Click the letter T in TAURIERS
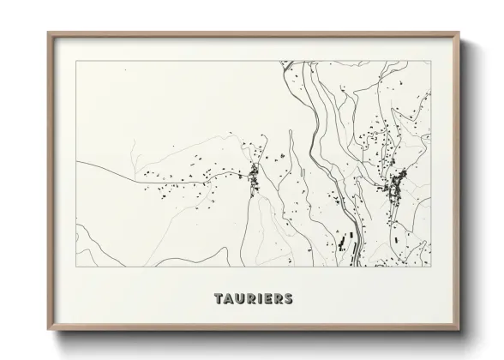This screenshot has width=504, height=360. click(217, 299)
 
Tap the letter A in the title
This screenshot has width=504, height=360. click(227, 299)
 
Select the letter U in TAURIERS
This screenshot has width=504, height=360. click(238, 299)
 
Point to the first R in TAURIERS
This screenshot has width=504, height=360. click(249, 299)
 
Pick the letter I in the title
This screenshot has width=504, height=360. click(258, 299)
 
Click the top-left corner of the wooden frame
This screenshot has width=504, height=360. click(48, 33)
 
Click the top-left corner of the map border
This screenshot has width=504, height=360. click(76, 61)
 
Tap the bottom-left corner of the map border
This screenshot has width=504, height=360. click(76, 267)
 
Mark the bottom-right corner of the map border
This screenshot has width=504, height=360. click(431, 267)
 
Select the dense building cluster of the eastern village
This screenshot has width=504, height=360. click(398, 187)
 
